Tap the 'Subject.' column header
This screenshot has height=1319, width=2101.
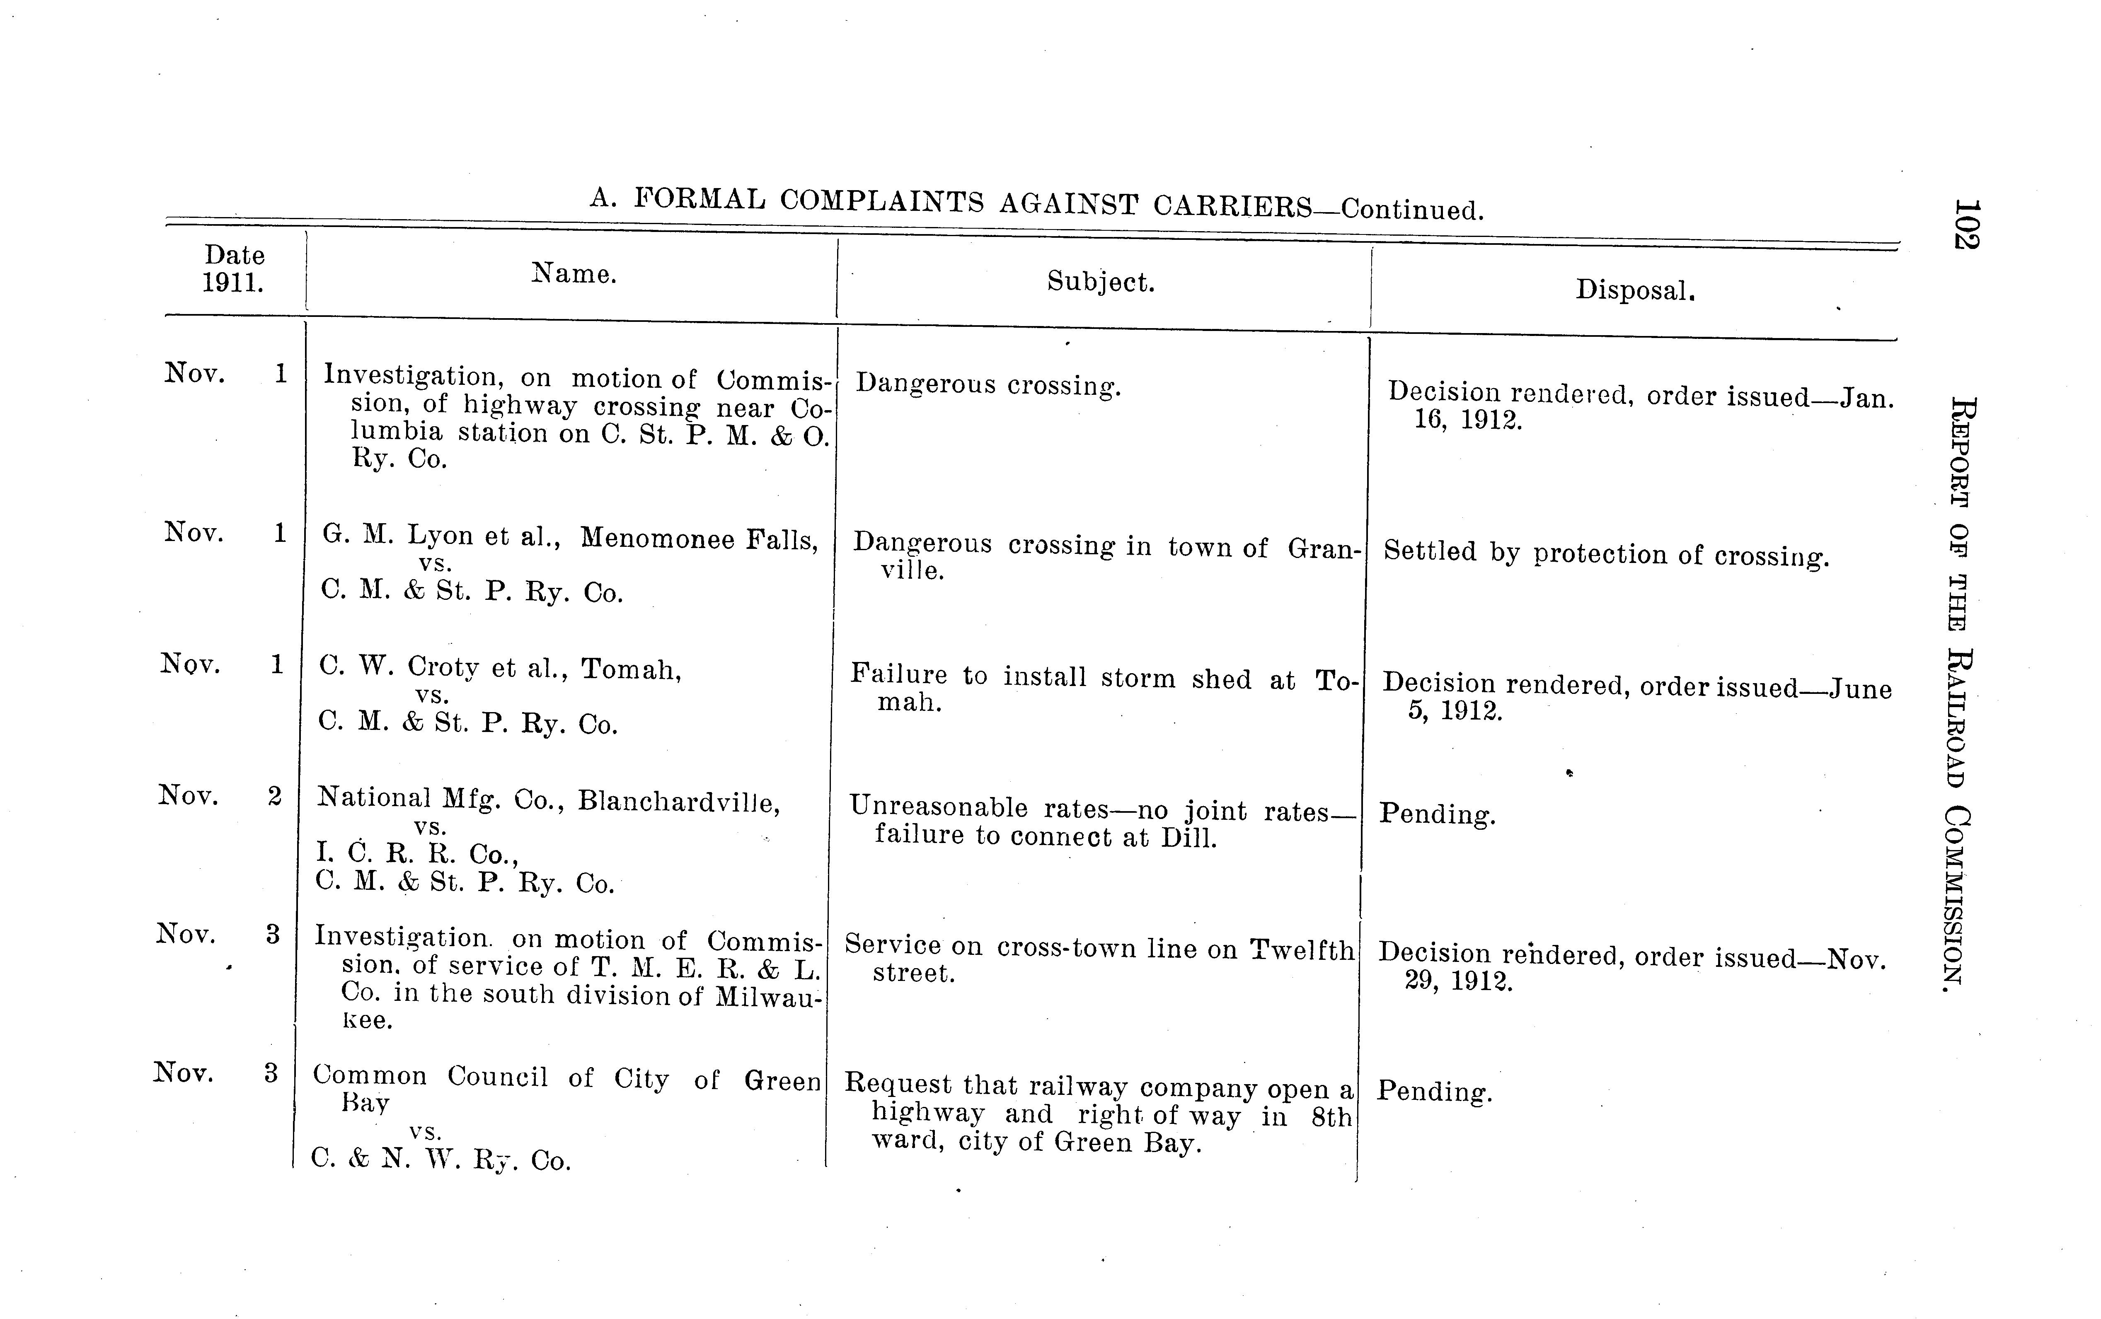pos(1100,282)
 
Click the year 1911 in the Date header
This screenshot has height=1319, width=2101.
pos(233,283)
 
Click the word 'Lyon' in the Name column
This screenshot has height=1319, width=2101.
pos(440,535)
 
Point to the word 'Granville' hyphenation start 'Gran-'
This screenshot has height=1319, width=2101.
pos(1324,550)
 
